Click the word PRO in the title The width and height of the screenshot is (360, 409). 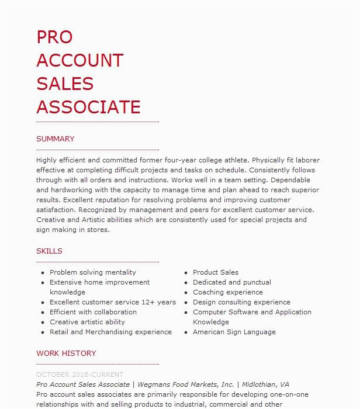point(54,37)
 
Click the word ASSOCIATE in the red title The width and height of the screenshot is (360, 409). point(88,107)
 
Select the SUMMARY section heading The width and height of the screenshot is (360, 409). point(56,139)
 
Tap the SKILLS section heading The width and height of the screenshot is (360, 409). point(49,251)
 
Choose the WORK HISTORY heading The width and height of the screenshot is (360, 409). point(66,353)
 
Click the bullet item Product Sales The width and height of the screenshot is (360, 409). point(216,272)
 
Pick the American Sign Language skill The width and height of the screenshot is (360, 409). point(234,332)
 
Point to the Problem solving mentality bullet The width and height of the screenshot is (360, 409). point(93,272)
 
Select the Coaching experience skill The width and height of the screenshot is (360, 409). point(228,292)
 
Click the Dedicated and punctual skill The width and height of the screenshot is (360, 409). point(232,282)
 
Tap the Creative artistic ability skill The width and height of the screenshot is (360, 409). point(87,322)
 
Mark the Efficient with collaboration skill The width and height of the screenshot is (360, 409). point(93,312)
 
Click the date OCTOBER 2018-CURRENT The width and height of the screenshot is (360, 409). point(80,375)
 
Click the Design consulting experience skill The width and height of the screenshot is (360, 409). point(241,302)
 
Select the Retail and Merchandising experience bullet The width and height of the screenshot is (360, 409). point(110,332)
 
